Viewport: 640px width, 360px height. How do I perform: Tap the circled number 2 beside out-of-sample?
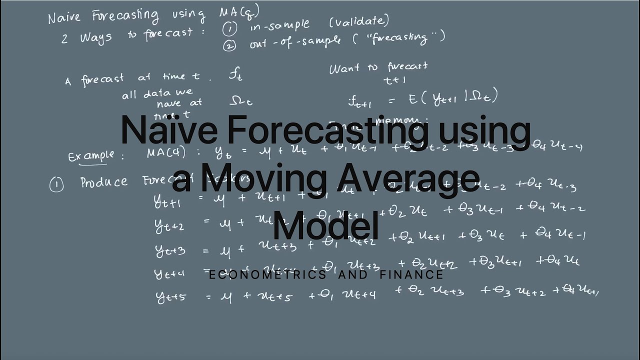(229, 46)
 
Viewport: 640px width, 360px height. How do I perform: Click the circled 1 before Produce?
(56, 185)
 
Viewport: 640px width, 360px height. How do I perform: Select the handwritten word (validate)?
(358, 21)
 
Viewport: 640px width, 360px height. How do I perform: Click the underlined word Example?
(90, 155)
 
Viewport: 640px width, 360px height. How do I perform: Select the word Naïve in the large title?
(169, 130)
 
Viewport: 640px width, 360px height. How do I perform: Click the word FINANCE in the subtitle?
(411, 274)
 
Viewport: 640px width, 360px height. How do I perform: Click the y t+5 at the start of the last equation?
(171, 296)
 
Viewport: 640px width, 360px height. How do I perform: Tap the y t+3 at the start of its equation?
(170, 250)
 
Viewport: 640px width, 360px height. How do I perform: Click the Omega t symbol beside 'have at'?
(240, 101)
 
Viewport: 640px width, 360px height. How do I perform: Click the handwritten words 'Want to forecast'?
(378, 67)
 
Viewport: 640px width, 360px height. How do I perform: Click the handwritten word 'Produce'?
(104, 181)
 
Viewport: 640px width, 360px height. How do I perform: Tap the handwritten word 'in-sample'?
(279, 25)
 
